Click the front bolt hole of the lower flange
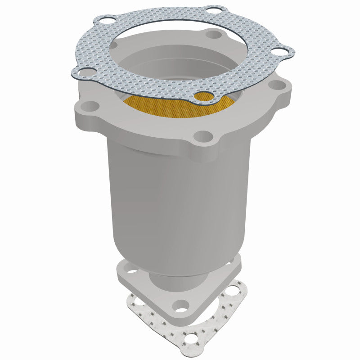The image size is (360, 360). coord(180,307)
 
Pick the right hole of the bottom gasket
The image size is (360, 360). coord(234,291)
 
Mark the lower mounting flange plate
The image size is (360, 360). coord(148,292)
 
